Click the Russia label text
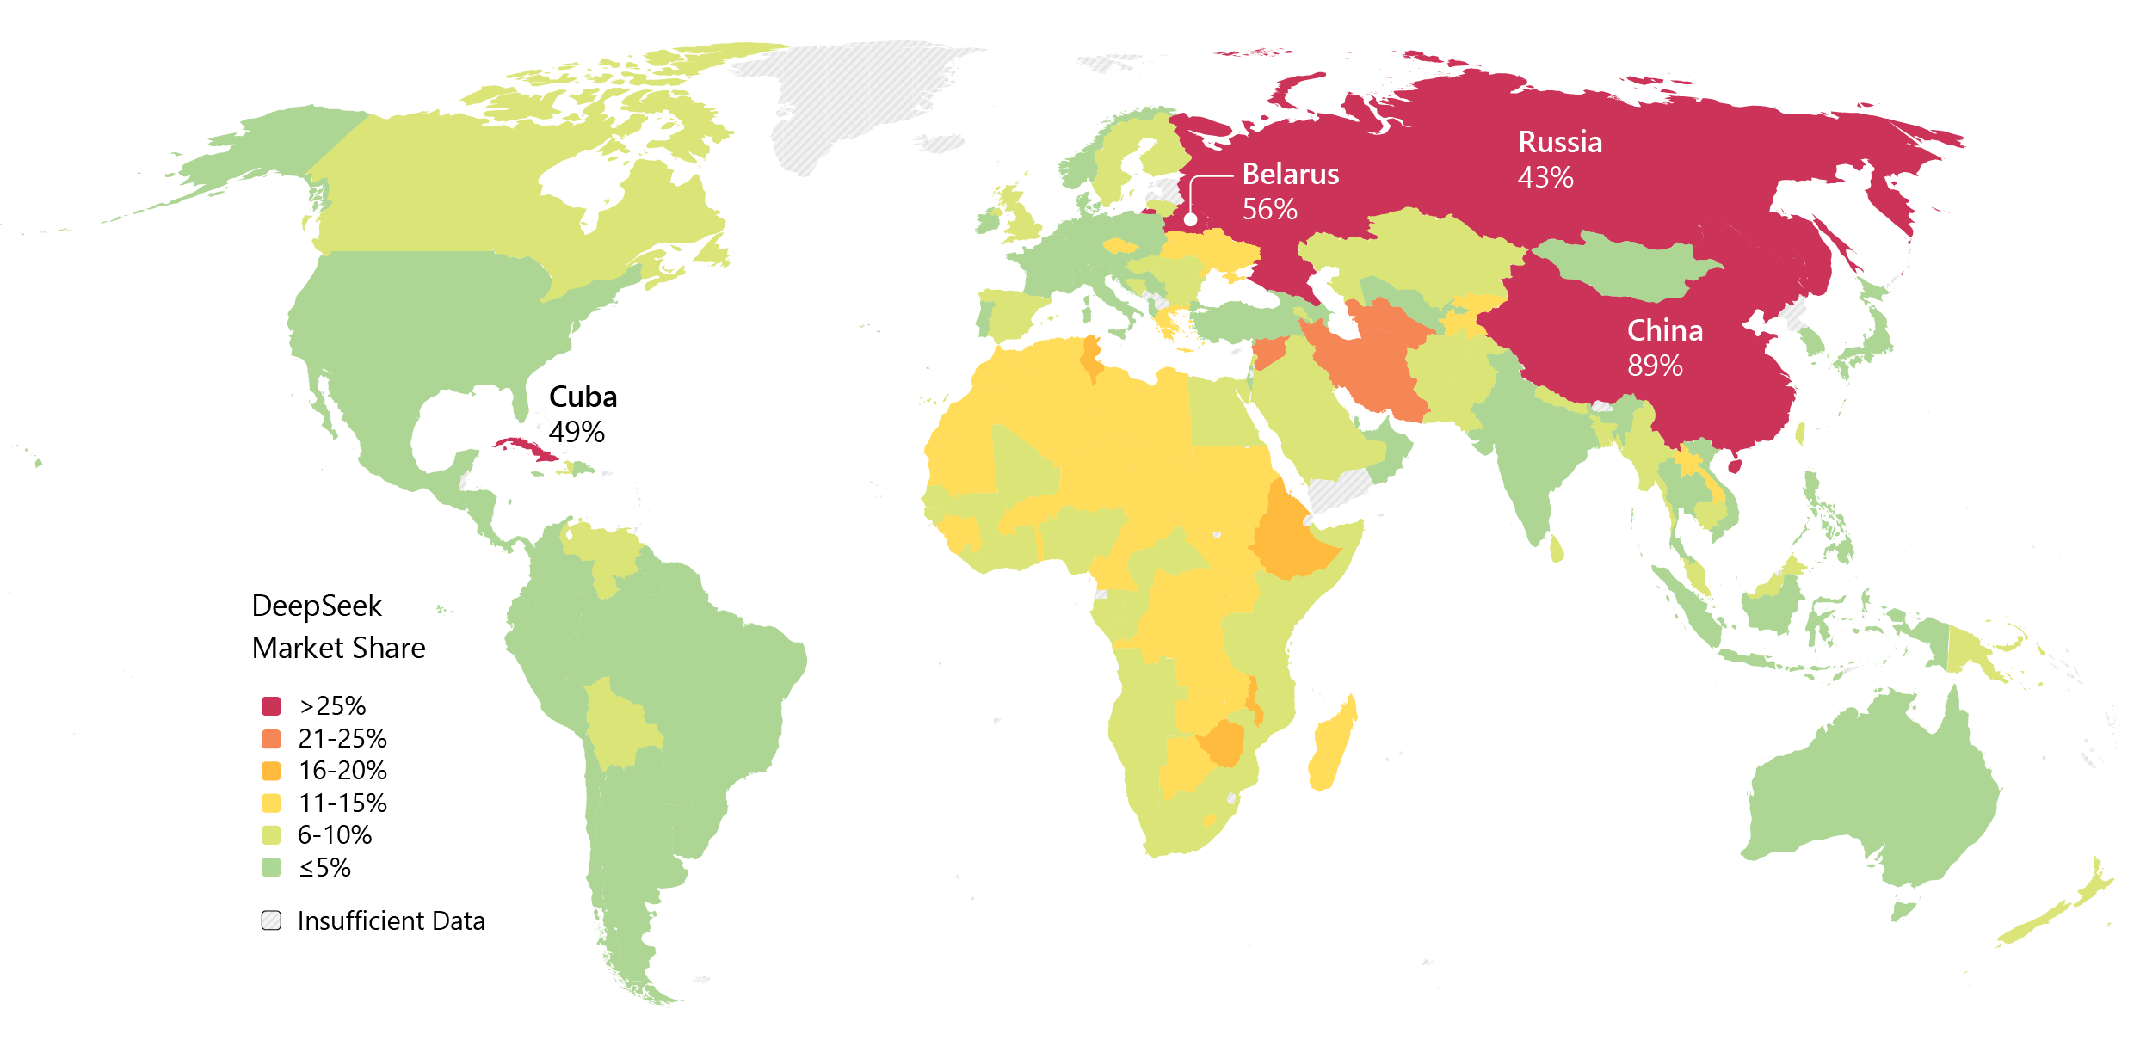(x=1560, y=142)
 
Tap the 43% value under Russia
(x=1545, y=178)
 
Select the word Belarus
(x=1291, y=175)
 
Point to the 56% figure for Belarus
(x=1269, y=209)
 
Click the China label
(x=1665, y=330)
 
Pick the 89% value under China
(x=1655, y=366)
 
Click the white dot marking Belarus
(x=1191, y=219)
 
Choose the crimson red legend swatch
(x=271, y=706)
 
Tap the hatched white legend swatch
(x=271, y=920)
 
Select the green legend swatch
(x=271, y=867)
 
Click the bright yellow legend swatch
(x=271, y=803)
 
